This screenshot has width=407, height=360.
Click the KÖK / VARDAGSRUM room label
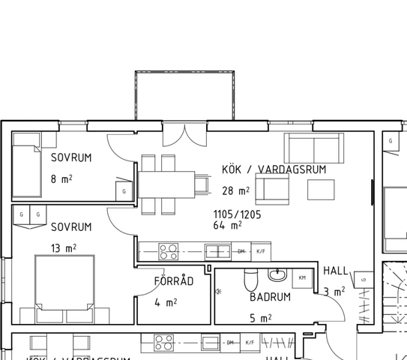pyautogui.click(x=274, y=169)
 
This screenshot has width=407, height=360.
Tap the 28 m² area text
pyautogui.click(x=236, y=190)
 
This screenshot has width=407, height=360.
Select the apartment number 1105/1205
pyautogui.click(x=238, y=213)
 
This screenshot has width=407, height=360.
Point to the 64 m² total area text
pyautogui.click(x=227, y=225)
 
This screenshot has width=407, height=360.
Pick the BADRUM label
pyautogui.click(x=270, y=297)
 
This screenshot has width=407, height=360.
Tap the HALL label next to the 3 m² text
pyautogui.click(x=335, y=270)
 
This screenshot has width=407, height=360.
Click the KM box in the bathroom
pyautogui.click(x=302, y=278)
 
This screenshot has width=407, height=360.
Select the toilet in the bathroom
pyautogui.click(x=250, y=280)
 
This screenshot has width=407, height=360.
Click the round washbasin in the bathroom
pyautogui.click(x=278, y=274)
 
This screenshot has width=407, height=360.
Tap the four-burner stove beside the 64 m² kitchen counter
pyautogui.click(x=168, y=252)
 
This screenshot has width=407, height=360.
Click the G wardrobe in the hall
pyautogui.click(x=362, y=280)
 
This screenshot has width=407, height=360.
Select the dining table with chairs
pyautogui.click(x=166, y=183)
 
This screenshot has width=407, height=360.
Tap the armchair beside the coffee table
pyautogui.click(x=272, y=187)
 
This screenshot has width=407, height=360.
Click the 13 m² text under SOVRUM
pyautogui.click(x=63, y=248)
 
